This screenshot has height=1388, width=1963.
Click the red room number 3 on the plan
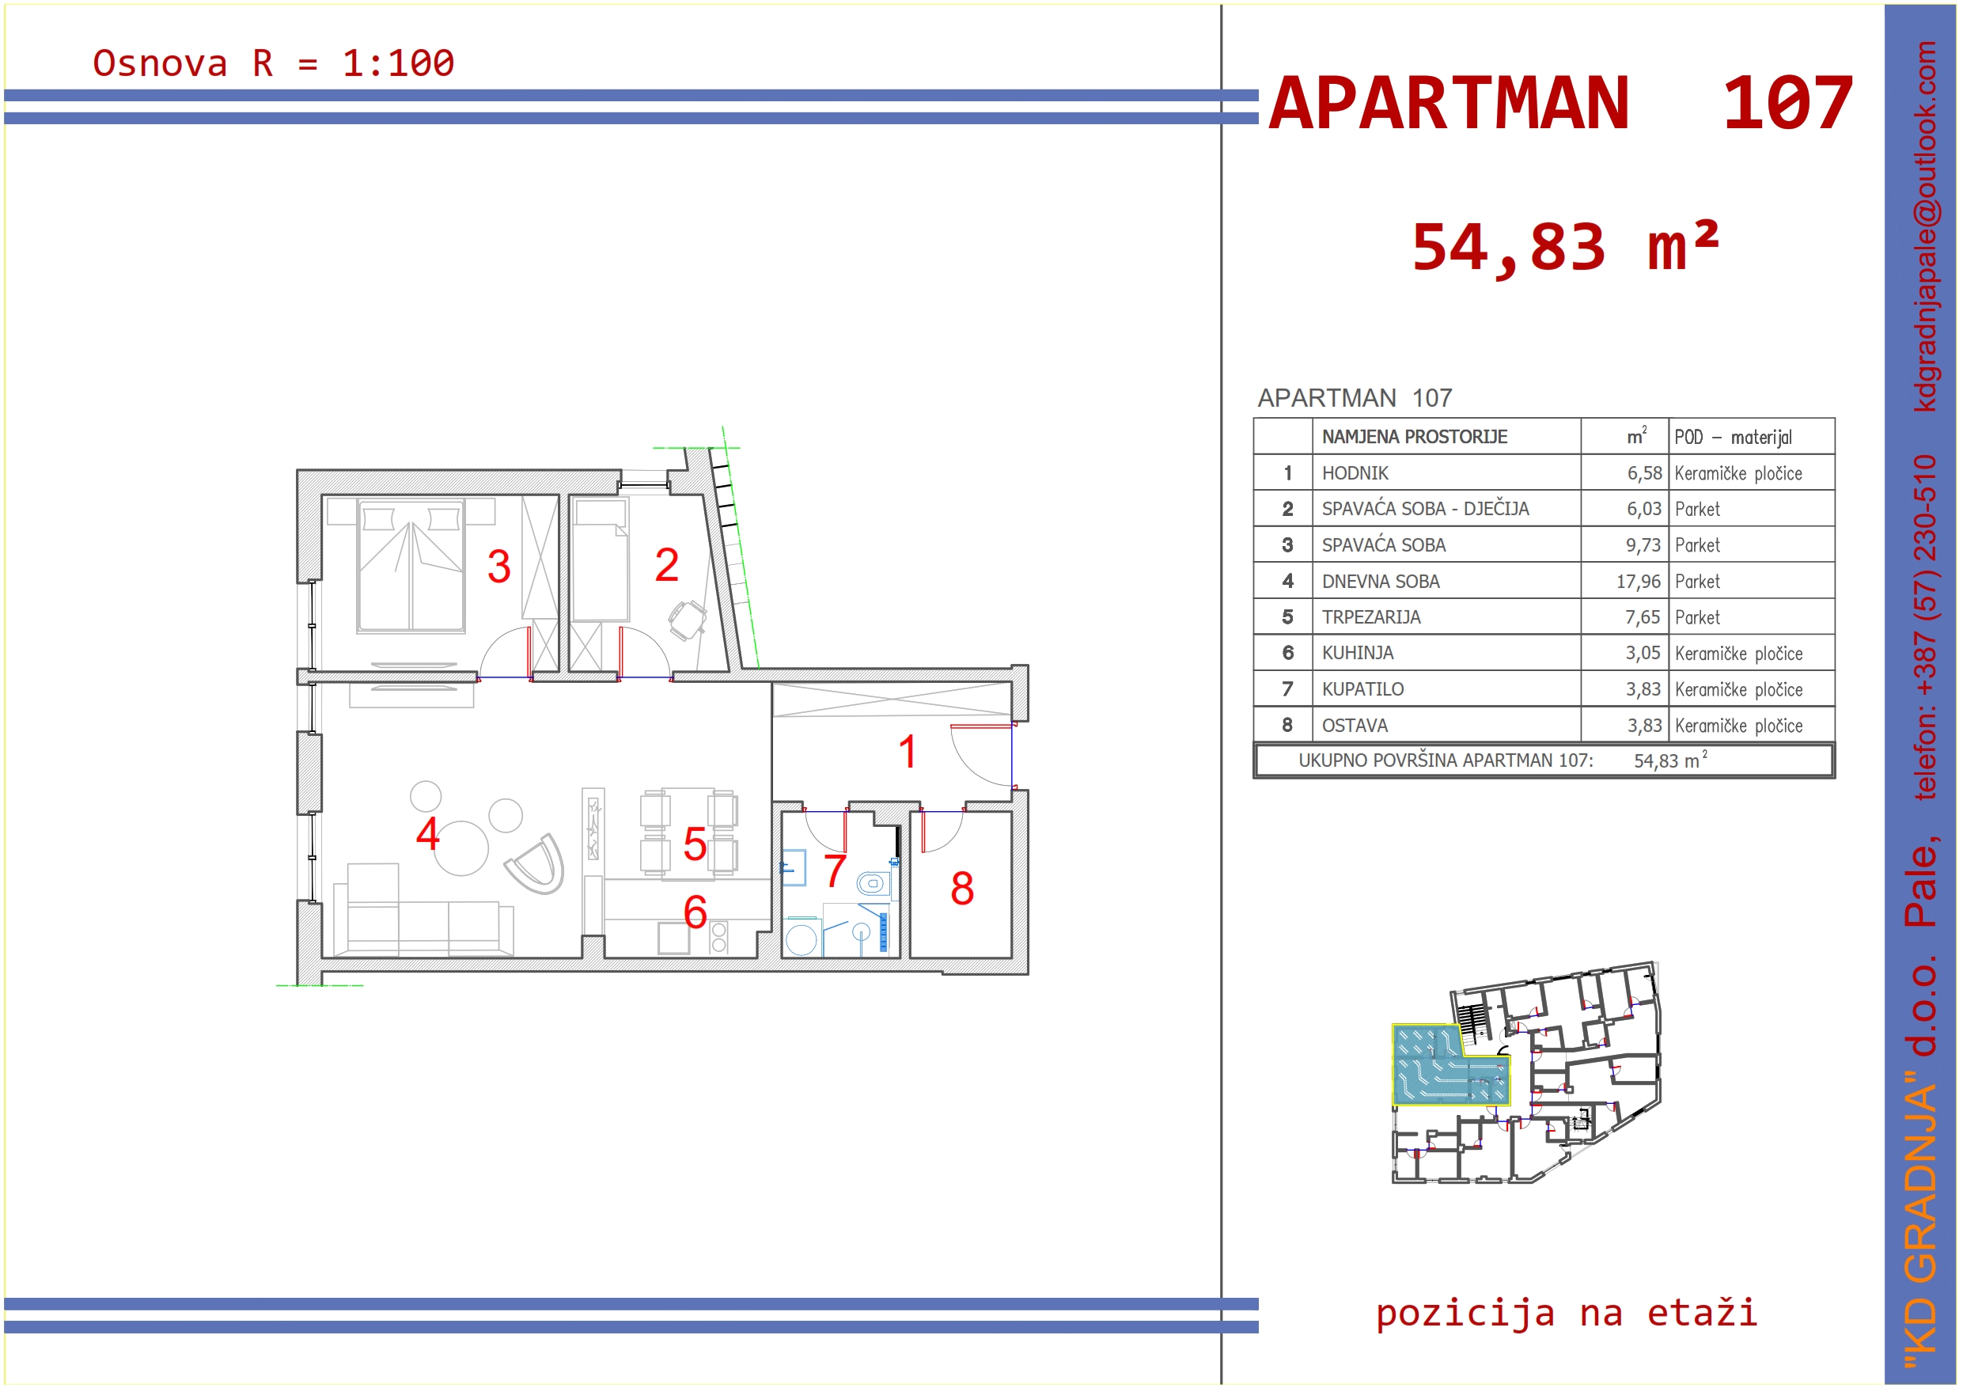click(x=499, y=566)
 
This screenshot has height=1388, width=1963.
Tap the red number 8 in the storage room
click(x=962, y=889)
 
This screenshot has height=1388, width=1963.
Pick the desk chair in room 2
click(x=687, y=620)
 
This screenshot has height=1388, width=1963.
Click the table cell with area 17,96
click(x=1638, y=582)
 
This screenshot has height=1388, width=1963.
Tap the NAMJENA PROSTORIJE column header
click(x=1415, y=437)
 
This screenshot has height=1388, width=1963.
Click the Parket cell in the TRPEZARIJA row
click(x=1698, y=617)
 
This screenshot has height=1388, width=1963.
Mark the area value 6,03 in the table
click(x=1644, y=509)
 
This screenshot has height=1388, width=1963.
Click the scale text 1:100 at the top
click(x=399, y=63)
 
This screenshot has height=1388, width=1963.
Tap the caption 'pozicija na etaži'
click(x=1567, y=1313)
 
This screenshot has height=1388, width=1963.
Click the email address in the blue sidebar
click(x=1924, y=226)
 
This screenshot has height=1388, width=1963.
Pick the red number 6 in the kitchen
click(x=695, y=912)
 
